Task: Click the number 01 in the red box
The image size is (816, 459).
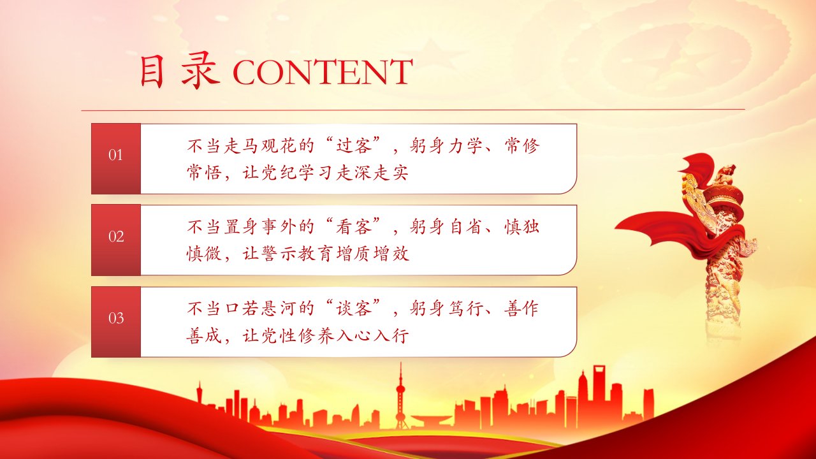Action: point(115,155)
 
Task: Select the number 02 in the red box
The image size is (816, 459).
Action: point(116,237)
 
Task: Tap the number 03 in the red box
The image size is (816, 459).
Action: point(116,318)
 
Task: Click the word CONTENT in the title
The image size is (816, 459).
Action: point(323,72)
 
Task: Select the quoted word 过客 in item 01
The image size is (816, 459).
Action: point(353,145)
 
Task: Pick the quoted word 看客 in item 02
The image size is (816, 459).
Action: point(353,226)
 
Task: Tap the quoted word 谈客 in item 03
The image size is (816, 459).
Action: point(353,308)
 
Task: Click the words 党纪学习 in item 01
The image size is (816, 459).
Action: point(297,172)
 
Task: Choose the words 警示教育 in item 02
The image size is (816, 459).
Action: point(297,254)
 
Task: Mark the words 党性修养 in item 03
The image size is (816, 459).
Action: point(297,335)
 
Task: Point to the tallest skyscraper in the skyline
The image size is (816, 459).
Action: point(599,393)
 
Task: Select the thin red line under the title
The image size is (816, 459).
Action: point(413,110)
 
